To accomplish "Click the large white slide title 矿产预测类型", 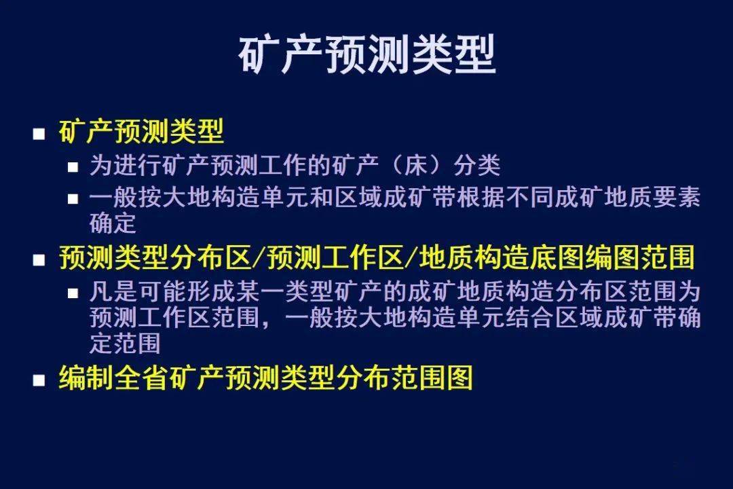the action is click(367, 55).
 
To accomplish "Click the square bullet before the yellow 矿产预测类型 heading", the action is click(39, 134).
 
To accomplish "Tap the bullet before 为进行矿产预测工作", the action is click(73, 167).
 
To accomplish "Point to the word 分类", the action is click(477, 165).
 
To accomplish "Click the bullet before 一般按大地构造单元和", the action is click(73, 199).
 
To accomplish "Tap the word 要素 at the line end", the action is click(676, 197).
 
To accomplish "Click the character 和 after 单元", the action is click(322, 197).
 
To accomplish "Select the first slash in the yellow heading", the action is click(259, 258).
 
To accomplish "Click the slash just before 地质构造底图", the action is click(411, 258).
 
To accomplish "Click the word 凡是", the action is click(113, 292).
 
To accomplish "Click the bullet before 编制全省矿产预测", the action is click(39, 380).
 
